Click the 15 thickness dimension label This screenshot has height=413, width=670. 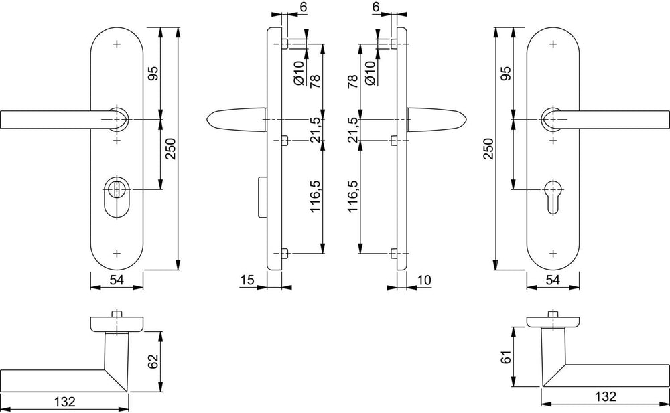pos(247,280)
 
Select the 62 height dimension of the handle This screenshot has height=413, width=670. pos(154,361)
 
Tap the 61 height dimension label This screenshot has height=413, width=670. pos(506,357)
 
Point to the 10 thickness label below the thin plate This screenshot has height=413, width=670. pos(424,280)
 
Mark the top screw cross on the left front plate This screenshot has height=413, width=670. pos(117,44)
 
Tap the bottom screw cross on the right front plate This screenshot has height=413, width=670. pos(553,254)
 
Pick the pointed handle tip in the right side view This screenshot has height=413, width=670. pos(466,119)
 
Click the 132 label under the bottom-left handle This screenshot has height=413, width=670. pos(65,402)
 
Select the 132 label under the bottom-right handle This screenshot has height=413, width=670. pos(606,396)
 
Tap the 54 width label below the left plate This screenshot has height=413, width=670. pos(117,280)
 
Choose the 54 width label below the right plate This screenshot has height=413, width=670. pos(553,280)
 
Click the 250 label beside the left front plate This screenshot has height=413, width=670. pos(170,148)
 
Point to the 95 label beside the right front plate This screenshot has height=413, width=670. pos(506,73)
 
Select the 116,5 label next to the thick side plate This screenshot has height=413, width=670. pos(315,196)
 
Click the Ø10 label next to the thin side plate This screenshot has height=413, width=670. pos(371,72)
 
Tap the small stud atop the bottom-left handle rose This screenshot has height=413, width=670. pos(115,314)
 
